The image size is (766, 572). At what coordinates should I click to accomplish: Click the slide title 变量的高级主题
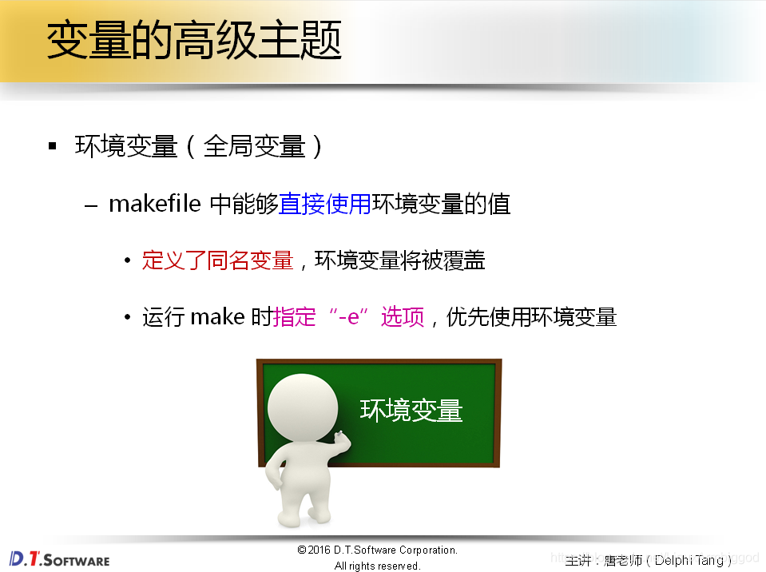pyautogui.click(x=194, y=41)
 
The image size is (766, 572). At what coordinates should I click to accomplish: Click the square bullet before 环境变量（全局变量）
pyautogui.click(x=53, y=146)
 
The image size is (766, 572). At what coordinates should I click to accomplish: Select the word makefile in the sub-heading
pyautogui.click(x=154, y=205)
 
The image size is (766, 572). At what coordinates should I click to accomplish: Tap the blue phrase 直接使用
pyautogui.click(x=324, y=205)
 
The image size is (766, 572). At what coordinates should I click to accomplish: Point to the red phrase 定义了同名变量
pyautogui.click(x=217, y=260)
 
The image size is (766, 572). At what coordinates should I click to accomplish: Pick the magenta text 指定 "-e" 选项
pyautogui.click(x=348, y=317)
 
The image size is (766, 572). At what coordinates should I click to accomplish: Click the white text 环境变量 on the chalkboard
pyautogui.click(x=411, y=411)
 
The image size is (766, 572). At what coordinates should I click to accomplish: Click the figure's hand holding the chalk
pyautogui.click(x=341, y=437)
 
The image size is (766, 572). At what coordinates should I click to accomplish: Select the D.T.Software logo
pyautogui.click(x=59, y=558)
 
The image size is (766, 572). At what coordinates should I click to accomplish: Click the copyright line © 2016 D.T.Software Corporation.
pyautogui.click(x=377, y=550)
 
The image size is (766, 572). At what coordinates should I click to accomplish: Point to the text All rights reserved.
pyautogui.click(x=377, y=566)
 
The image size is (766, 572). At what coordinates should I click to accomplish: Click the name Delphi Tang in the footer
pyautogui.click(x=688, y=560)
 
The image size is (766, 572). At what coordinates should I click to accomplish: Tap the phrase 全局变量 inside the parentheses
pyautogui.click(x=254, y=147)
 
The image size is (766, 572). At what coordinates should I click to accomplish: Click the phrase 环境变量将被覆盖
pyautogui.click(x=399, y=260)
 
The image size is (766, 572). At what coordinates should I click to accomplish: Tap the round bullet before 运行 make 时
pyautogui.click(x=127, y=318)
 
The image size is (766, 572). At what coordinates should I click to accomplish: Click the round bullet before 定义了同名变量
pyautogui.click(x=127, y=261)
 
